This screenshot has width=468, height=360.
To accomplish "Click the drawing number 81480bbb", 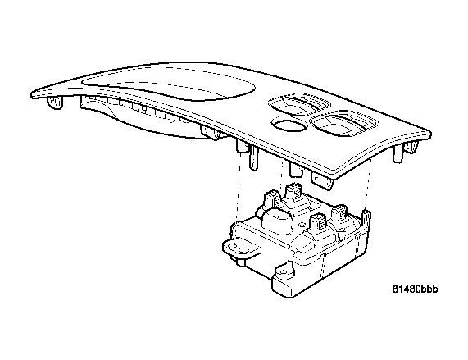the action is pos(415,289).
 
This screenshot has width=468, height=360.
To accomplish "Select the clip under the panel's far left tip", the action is pos(55,102).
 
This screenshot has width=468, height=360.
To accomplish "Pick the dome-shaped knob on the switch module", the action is pos(278,220).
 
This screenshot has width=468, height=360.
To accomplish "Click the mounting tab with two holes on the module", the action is pos(241,248).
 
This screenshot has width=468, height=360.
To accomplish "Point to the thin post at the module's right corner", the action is pos(366,219).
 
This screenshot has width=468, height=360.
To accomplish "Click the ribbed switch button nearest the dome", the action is pos(271,199).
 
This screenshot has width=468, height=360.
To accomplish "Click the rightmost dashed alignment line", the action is pos(368,184).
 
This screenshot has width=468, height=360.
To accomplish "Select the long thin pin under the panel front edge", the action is pos(253,158).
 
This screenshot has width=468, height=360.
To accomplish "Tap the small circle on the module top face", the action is pos(302,225).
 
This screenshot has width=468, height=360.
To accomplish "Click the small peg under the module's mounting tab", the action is pos(239,262).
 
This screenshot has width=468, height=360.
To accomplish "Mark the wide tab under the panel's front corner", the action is pos(321,180).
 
